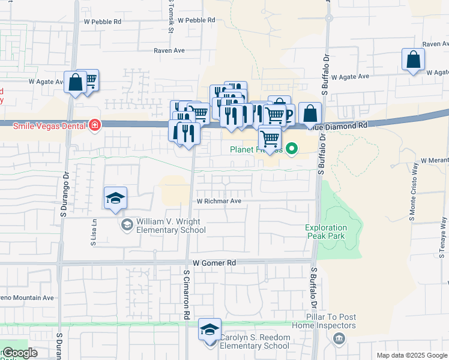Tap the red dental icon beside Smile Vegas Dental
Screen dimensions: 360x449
[94, 125]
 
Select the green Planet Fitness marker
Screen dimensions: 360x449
[292, 148]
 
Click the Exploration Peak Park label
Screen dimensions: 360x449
[326, 232]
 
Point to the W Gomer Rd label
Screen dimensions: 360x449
[214, 263]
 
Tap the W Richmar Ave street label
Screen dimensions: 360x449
[218, 201]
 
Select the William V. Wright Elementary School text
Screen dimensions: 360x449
[170, 226]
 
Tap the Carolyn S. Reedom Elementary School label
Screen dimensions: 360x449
[254, 341]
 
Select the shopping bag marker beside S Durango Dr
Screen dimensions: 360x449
[76, 83]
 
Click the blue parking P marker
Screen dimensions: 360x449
[289, 114]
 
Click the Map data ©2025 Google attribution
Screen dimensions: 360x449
[412, 355]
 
